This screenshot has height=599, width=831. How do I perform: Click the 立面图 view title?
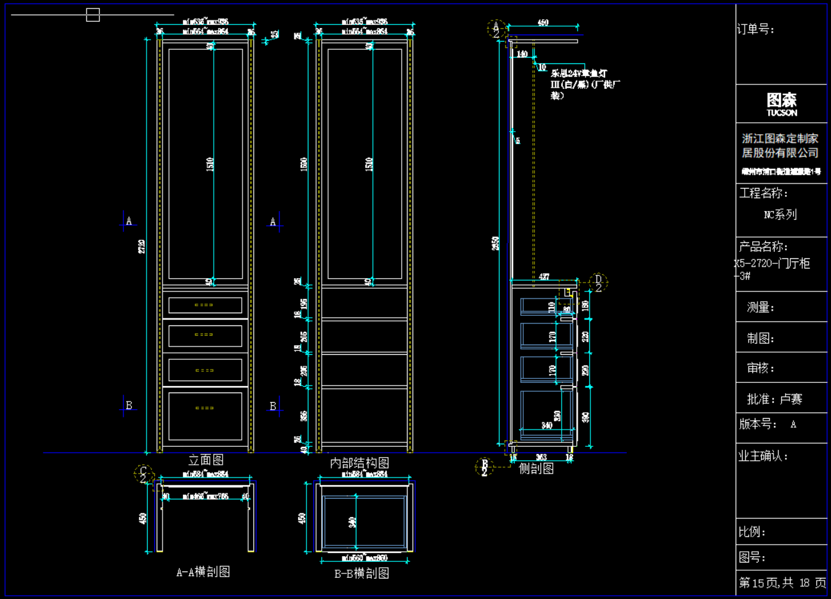pos(205,460)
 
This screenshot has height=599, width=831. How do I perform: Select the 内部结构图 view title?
pos(360,462)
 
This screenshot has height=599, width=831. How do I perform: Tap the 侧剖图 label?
pos(536,469)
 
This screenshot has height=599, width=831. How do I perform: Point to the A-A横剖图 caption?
pos(203,572)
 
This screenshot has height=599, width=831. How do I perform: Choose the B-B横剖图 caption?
pos(361,573)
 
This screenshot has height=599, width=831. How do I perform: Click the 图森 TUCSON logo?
pos(782,104)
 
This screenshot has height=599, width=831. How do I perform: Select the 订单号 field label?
pos(756,29)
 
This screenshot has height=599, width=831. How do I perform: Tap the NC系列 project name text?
pos(780,215)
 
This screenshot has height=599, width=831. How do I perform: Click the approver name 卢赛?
pos(791,399)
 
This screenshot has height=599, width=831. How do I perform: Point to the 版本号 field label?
pos(758,424)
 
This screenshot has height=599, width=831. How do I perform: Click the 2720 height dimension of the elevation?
pos(141,246)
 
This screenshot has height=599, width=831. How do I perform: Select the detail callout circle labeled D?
pos(599,282)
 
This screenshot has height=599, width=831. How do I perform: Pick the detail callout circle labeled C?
pos(143,474)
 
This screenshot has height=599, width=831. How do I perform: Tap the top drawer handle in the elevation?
pos(204,305)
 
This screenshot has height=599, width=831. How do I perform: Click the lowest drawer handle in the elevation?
pos(204,408)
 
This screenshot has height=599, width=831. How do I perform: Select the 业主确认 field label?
pos(763,456)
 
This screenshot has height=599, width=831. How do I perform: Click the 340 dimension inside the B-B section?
pos(352,522)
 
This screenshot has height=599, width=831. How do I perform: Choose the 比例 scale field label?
pos(752,532)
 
